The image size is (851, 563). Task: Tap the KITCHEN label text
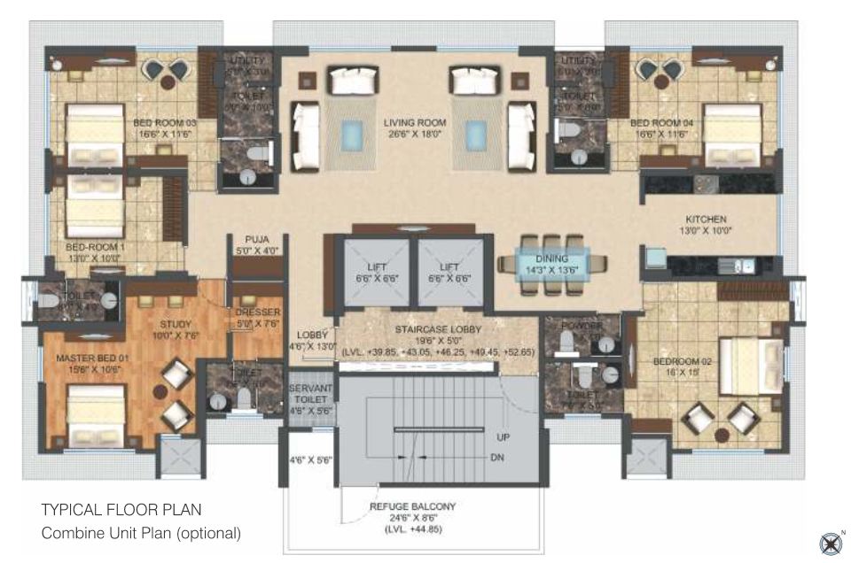point(706,220)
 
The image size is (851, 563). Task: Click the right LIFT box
point(451,272)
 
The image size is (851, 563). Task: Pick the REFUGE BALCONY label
point(412,506)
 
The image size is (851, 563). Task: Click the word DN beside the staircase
point(499,458)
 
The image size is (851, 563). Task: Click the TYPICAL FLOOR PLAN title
point(121,510)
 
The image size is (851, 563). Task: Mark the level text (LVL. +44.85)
point(413,529)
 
